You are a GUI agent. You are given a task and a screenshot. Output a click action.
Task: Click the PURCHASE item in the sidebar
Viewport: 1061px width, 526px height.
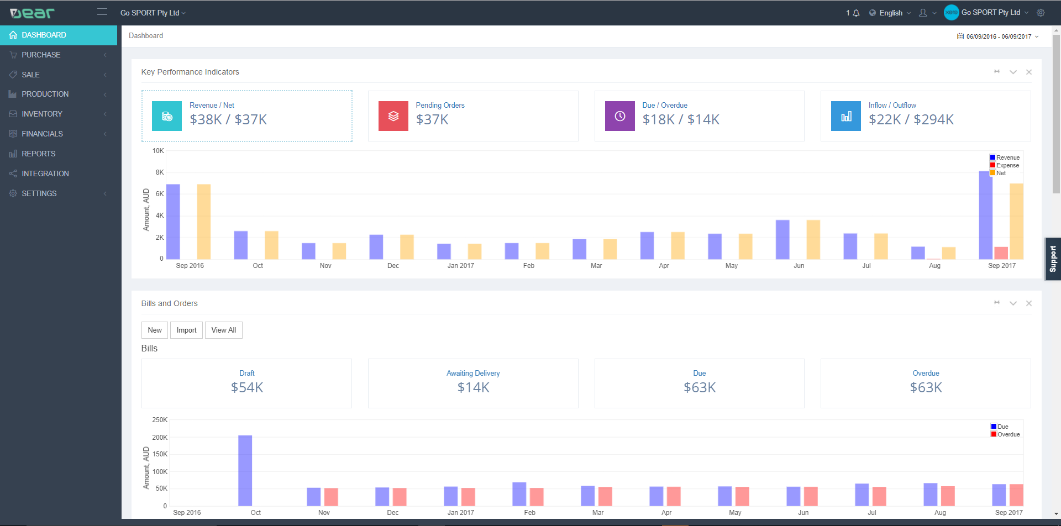(41, 55)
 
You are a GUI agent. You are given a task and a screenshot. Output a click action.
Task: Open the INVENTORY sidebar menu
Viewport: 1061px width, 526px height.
(42, 114)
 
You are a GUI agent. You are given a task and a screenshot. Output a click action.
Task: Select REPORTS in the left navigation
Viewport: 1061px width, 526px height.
(38, 154)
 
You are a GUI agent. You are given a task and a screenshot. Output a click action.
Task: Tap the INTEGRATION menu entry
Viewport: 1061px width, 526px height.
(45, 173)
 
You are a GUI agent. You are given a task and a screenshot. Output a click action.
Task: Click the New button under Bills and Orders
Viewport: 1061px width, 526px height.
(155, 330)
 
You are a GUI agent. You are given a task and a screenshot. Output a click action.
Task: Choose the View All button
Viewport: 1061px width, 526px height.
(223, 330)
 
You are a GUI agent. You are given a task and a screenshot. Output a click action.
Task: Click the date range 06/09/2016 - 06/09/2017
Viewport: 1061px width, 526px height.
(998, 36)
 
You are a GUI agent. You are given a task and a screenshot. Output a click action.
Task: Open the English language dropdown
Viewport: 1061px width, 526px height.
(890, 13)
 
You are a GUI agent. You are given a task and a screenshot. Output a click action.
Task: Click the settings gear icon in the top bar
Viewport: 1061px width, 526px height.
(1041, 13)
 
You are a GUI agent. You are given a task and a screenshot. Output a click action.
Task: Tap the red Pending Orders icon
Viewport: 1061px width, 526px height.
(393, 116)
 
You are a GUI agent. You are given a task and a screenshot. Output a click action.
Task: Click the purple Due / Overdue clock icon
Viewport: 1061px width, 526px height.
(619, 116)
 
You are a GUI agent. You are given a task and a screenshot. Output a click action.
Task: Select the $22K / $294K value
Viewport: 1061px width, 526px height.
(911, 119)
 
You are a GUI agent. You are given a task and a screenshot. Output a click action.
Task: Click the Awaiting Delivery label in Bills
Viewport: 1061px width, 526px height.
(473, 373)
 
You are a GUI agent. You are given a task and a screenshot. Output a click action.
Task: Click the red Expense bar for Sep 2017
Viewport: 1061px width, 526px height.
(1001, 253)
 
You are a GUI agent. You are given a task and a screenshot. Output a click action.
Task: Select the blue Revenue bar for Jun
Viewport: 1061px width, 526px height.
(782, 240)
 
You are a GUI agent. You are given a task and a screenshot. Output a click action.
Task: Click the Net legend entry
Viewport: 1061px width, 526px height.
(1001, 173)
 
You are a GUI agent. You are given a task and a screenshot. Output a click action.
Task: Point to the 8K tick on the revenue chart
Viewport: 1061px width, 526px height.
(160, 172)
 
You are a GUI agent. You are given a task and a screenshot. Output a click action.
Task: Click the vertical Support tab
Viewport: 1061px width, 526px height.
(1053, 259)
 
